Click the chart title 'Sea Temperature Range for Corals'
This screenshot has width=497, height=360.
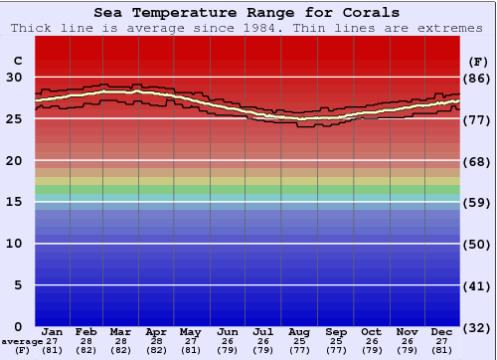(248, 13)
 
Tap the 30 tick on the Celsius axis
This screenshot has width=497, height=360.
(15, 77)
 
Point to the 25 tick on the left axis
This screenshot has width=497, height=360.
(15, 119)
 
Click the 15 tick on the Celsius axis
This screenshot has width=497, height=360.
(15, 202)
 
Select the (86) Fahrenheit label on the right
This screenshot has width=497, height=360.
(476, 78)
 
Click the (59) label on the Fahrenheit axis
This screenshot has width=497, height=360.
(476, 202)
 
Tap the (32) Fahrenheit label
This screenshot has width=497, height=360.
(476, 327)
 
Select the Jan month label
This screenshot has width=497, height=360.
(53, 332)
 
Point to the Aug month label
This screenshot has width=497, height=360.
(299, 332)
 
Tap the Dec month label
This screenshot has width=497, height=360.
(441, 332)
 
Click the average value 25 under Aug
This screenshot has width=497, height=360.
(299, 341)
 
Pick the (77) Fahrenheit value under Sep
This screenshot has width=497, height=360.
(335, 350)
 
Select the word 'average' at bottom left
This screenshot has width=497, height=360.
(22, 341)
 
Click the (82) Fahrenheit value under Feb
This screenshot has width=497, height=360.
(87, 350)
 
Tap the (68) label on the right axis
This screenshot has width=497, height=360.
(476, 161)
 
